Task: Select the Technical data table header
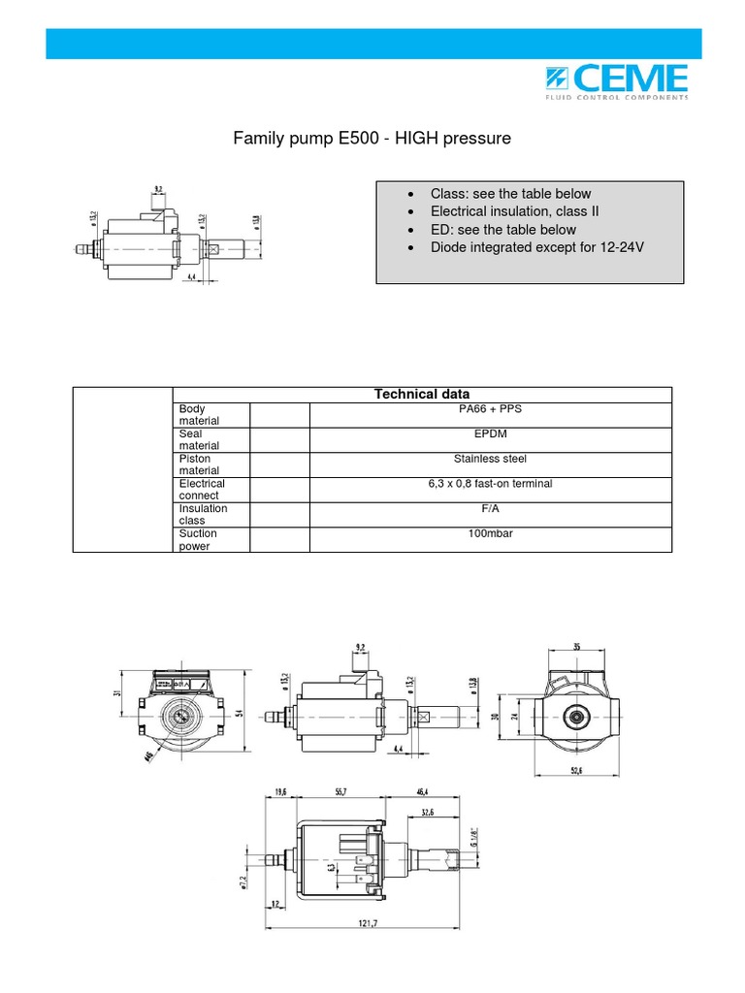click(422, 394)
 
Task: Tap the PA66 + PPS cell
click(490, 408)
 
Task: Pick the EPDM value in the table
click(490, 433)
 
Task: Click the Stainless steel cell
click(490, 459)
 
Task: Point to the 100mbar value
click(490, 533)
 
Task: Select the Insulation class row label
click(204, 514)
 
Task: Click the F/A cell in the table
click(490, 508)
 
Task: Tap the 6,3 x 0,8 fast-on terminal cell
click(490, 483)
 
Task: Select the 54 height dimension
click(236, 712)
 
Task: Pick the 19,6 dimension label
click(280, 791)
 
